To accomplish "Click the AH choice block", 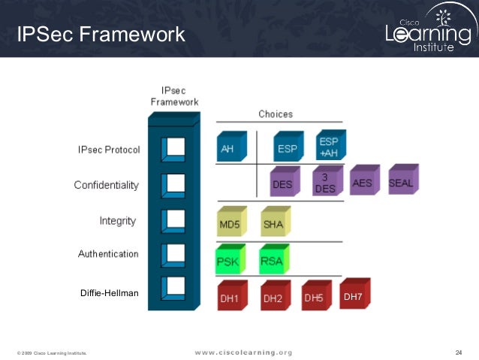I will tap(229, 148).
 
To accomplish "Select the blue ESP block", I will tap(286, 148).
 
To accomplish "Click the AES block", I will tap(363, 181).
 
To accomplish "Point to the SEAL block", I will tap(401, 181).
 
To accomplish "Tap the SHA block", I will tap(273, 223).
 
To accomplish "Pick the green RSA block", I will tap(271, 261).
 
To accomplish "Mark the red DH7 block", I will tap(354, 295).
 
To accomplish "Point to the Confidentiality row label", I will tap(106, 185).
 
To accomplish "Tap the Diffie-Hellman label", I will tap(110, 293).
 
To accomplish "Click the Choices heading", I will tap(276, 114).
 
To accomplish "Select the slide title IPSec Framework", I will tap(101, 34).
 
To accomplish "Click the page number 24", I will tap(459, 352).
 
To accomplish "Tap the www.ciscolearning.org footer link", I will tap(243, 352).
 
